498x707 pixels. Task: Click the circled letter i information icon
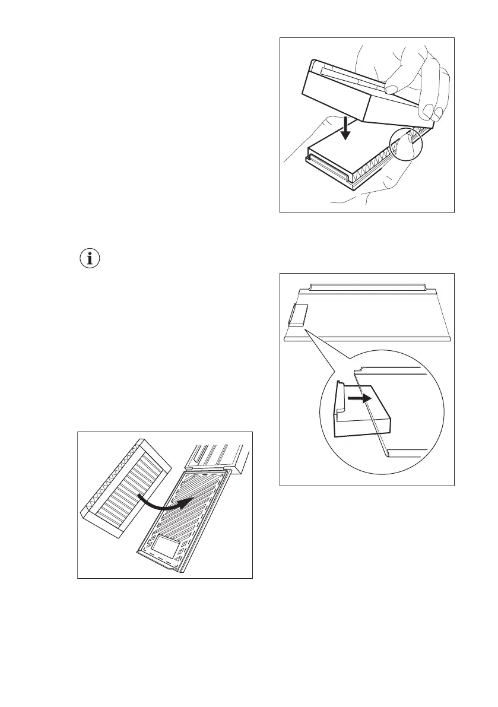(90, 259)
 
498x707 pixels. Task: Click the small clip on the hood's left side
(297, 315)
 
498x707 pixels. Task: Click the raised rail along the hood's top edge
(368, 288)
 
